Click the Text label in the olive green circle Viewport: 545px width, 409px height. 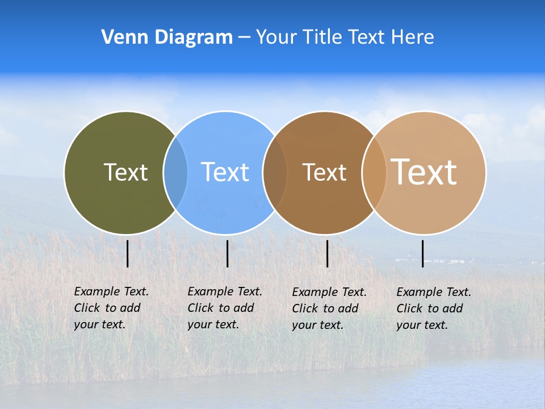[x=125, y=172]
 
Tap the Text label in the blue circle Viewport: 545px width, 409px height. [x=225, y=172]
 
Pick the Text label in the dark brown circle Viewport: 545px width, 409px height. [x=324, y=172]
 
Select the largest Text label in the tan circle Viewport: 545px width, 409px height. [x=424, y=172]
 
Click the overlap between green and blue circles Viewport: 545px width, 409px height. [x=175, y=172]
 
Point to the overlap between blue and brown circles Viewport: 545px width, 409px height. [x=275, y=172]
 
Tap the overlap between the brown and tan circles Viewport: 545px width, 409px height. [x=374, y=172]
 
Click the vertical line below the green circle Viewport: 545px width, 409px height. [x=128, y=253]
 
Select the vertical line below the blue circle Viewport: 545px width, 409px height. [x=227, y=253]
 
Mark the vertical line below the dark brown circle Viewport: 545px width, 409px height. [x=327, y=253]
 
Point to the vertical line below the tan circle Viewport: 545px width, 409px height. [x=422, y=253]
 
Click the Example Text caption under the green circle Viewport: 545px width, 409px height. [x=111, y=308]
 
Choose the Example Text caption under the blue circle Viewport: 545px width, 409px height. [x=225, y=308]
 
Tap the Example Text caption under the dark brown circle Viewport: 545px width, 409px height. [x=329, y=308]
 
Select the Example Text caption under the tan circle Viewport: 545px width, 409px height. [x=434, y=308]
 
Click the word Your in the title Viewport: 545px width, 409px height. [x=276, y=37]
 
